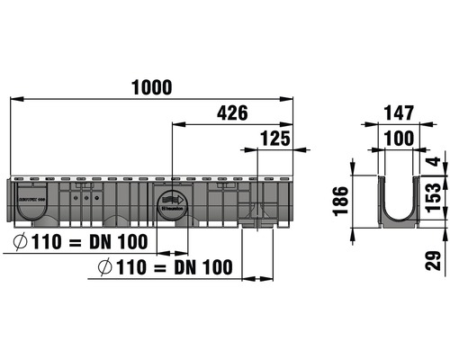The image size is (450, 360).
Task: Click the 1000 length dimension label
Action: tap(152, 86)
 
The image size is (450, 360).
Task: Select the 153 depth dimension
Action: tap(433, 196)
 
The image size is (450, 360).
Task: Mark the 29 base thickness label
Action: tap(433, 260)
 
